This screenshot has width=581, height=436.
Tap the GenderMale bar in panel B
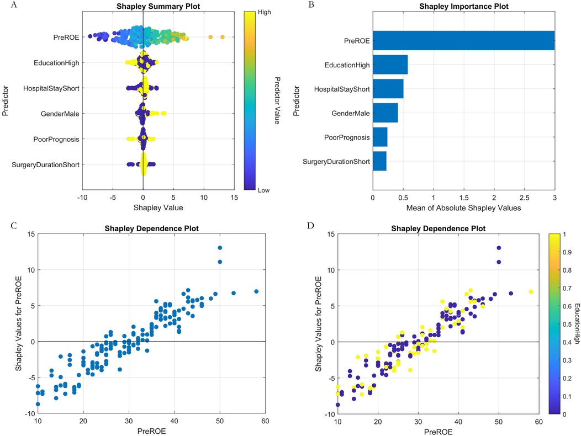385,113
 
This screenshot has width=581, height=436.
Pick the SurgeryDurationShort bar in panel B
379,161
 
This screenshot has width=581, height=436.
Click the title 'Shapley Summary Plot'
142,7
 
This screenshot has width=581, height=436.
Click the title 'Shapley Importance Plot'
463,7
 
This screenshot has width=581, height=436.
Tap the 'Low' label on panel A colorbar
263,189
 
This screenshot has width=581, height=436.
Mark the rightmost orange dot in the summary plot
222,37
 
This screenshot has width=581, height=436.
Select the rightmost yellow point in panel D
531,291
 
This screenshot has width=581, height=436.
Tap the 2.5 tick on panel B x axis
524,197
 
